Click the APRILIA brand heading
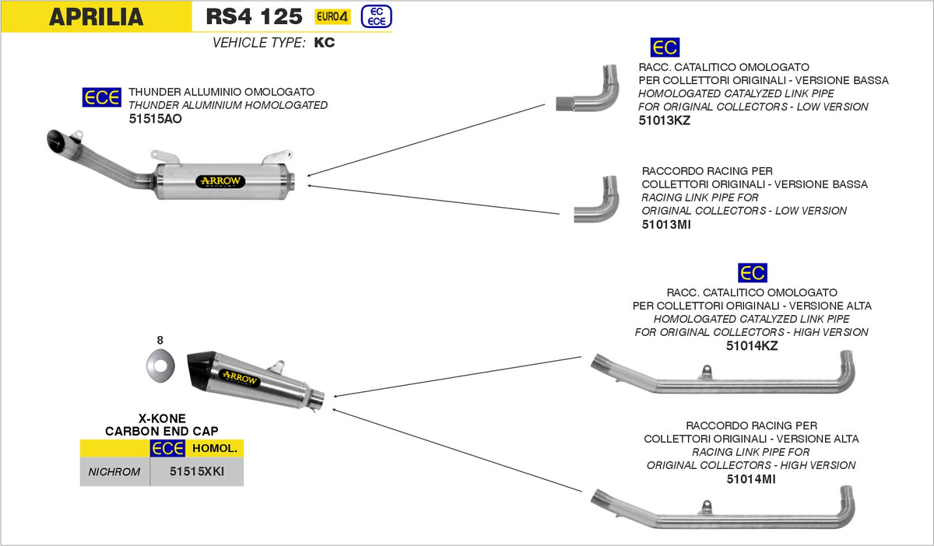coord(96,17)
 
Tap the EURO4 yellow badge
coord(332,16)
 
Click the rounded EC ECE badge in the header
coord(377,16)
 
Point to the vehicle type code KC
coord(325,43)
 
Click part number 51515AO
coord(156,119)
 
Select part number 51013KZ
coord(664,121)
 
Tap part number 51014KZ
coord(751,345)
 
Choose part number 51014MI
coord(750,479)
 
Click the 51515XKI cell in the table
coord(196,471)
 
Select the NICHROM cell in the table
coord(114,471)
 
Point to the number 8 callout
coord(160,340)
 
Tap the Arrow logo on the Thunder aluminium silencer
coord(222,181)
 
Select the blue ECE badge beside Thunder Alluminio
coord(102,97)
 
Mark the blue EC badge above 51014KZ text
coord(752,273)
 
